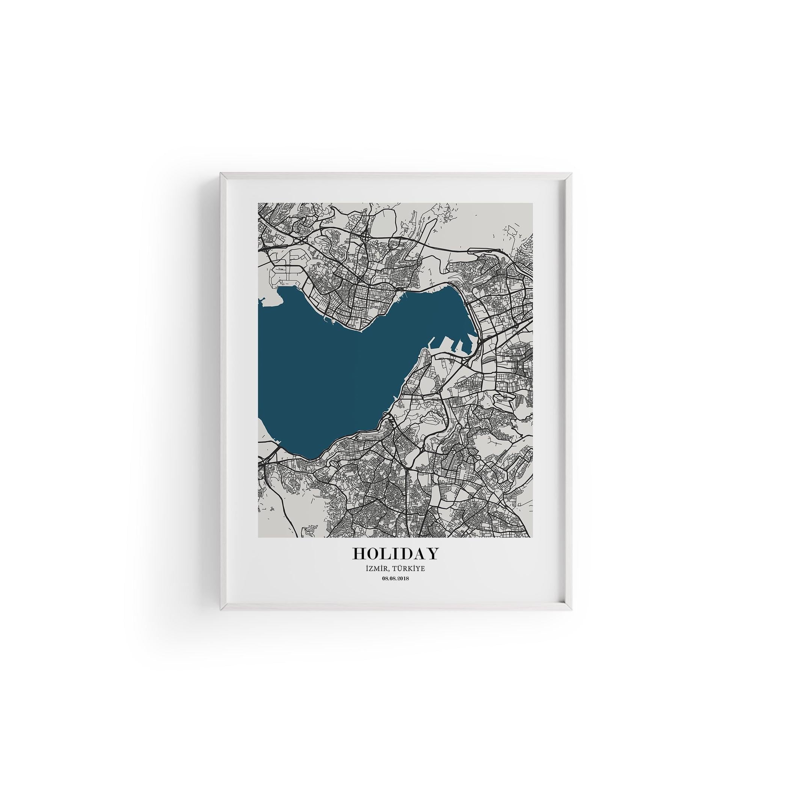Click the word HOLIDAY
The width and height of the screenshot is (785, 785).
(x=396, y=554)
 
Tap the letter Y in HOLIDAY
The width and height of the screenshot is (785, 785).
(x=432, y=554)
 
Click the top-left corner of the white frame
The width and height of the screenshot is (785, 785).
(x=221, y=174)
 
